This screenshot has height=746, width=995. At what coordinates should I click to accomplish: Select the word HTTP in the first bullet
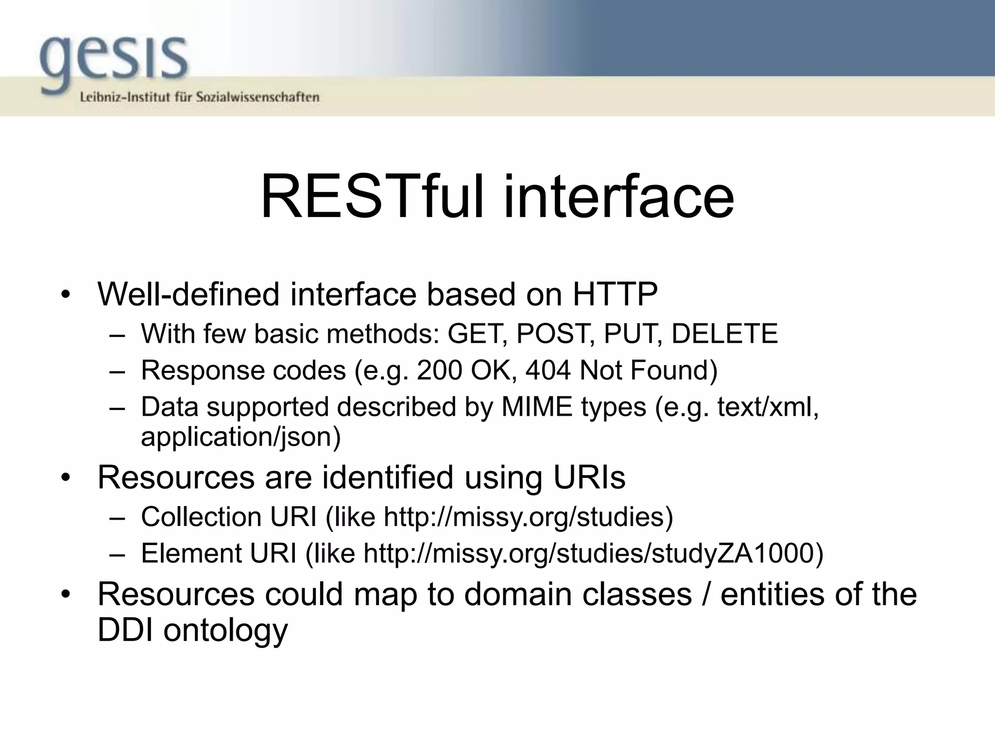coord(615,294)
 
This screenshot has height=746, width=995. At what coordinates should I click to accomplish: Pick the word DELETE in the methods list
coord(724,334)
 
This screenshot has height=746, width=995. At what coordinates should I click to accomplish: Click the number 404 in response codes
coord(548,371)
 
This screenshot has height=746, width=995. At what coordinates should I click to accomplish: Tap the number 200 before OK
coord(439,371)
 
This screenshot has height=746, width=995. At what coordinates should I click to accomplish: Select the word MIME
coord(537,407)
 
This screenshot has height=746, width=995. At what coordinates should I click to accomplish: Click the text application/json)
coord(241,437)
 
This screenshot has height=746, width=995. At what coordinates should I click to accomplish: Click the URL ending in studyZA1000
coord(593,553)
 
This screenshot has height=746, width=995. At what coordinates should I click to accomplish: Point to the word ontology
coord(225,630)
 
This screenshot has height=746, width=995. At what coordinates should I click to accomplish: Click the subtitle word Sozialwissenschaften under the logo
coord(257,97)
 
